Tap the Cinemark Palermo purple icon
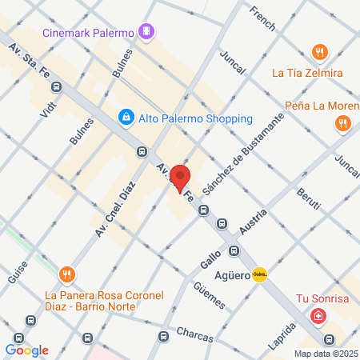pos(146,31)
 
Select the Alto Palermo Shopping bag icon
pos(126,118)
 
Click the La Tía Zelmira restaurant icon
pos(320,52)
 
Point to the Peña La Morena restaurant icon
pos(342,123)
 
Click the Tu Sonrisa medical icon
pos(318,317)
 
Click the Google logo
pos(27,350)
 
